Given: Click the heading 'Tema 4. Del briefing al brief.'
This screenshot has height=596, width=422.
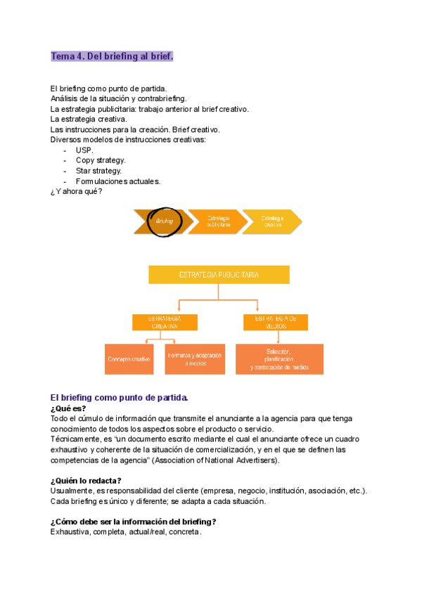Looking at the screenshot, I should pos(111,56).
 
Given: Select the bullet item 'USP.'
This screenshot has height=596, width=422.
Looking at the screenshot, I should pos(84,150).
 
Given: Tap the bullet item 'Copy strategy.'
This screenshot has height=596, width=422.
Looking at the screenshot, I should pos(101,160).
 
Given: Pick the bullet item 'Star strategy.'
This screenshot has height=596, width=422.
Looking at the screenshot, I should pos(98,170).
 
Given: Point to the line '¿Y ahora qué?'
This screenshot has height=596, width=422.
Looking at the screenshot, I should pos(76,190).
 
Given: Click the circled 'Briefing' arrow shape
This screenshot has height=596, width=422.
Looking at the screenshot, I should pos(165,221).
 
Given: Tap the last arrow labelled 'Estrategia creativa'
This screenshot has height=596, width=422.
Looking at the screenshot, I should pos(273,221).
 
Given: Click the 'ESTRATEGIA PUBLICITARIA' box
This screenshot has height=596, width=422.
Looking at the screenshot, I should pos(219,274).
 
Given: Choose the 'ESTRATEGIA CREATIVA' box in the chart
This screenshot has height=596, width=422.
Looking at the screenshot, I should pos(165,322).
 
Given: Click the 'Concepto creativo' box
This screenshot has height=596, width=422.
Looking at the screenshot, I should pos(129,358).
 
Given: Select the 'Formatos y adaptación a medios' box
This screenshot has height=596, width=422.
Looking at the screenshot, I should pos(195,358).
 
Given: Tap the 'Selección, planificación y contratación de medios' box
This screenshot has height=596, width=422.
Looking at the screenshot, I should pos(279,358).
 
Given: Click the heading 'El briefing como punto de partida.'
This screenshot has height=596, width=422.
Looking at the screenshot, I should pos(119,398).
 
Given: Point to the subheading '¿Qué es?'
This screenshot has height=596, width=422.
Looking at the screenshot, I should pos(68,408).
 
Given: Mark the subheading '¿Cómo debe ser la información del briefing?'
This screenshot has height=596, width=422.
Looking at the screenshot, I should pos(133,521).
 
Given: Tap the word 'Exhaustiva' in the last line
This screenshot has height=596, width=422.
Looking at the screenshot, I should pos(70,532).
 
